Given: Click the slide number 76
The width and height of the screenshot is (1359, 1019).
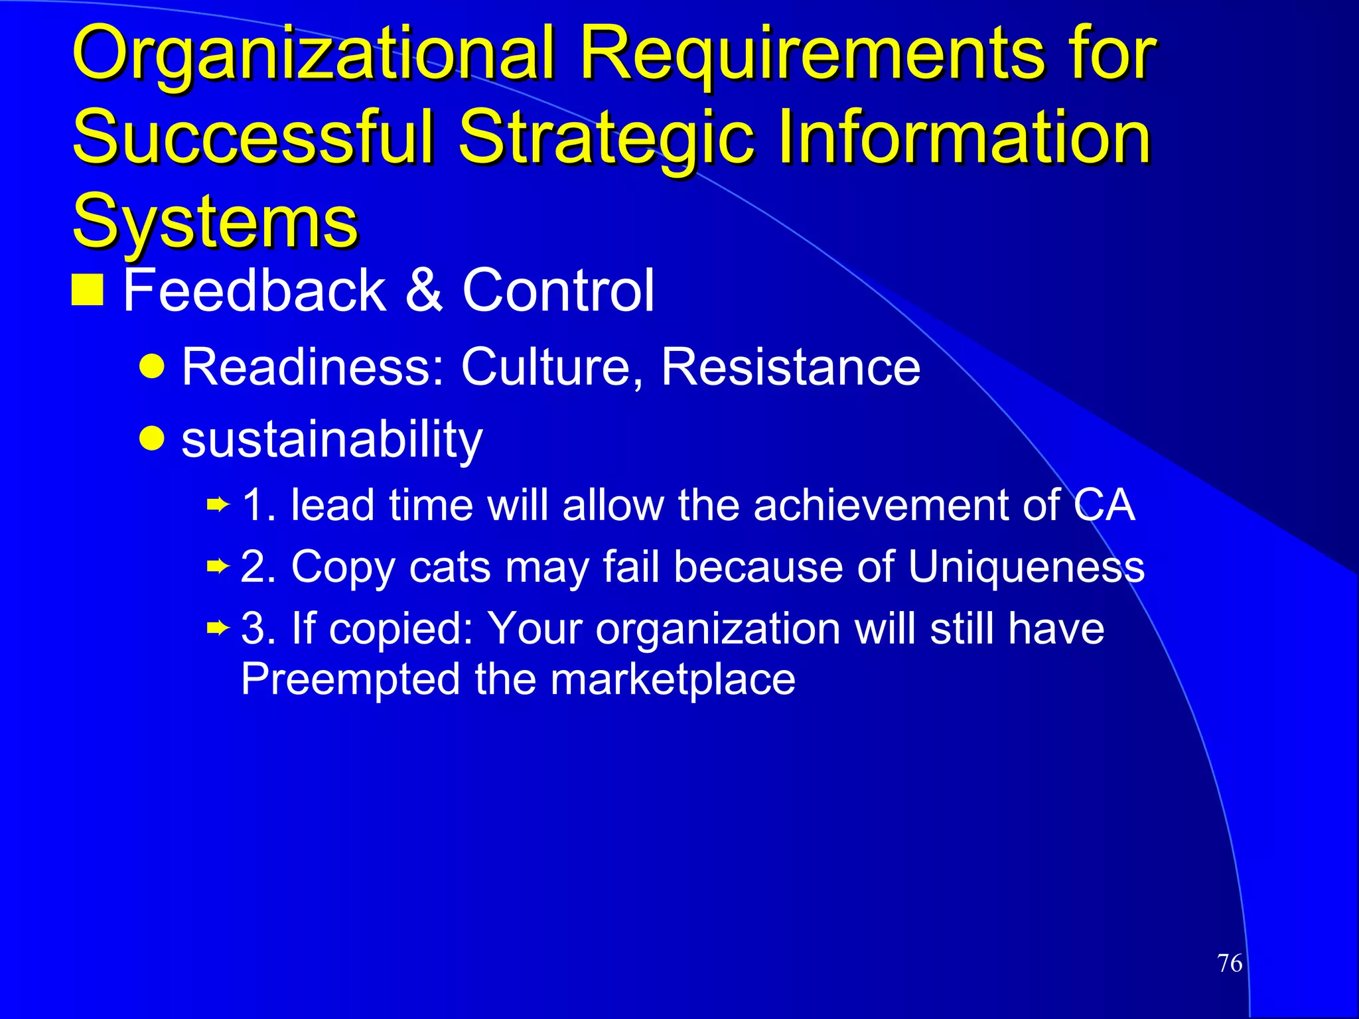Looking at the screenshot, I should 1230,963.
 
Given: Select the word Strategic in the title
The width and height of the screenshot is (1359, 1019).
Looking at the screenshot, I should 607,137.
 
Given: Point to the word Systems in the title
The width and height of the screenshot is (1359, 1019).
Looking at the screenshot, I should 215,221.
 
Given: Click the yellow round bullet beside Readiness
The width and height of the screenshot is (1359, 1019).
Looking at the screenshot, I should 153,366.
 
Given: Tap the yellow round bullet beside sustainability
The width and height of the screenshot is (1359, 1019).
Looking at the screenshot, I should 153,438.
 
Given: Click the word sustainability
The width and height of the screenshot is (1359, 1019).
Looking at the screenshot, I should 332,439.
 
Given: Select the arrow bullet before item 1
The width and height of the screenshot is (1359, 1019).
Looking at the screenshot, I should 218,506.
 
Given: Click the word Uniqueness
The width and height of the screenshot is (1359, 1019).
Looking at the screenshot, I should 1026,567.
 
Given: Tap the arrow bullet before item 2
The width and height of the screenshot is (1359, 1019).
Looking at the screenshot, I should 218,567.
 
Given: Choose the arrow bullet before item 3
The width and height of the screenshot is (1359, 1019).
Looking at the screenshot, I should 218,628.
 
